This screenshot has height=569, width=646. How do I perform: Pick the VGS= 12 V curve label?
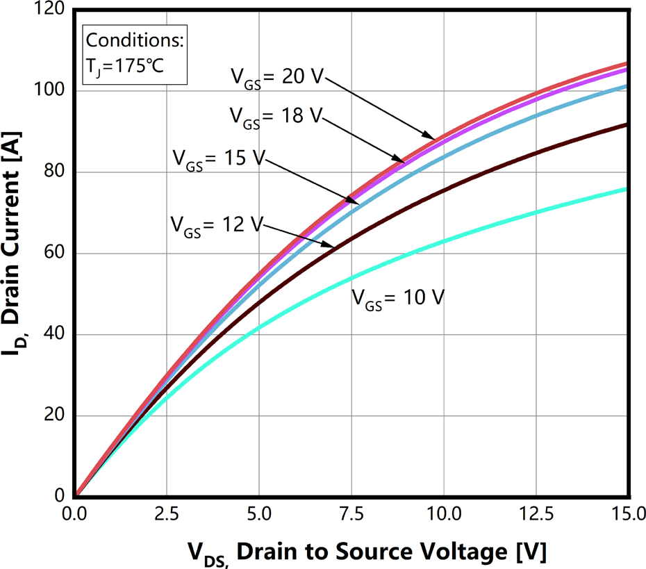click(216, 226)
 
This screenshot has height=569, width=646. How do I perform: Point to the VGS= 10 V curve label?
click(398, 299)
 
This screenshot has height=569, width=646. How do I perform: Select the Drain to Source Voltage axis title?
click(367, 553)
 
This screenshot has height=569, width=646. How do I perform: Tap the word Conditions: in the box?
click(134, 40)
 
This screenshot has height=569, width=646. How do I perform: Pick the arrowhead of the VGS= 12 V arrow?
click(333, 245)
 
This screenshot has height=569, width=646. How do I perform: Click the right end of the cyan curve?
click(627, 188)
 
